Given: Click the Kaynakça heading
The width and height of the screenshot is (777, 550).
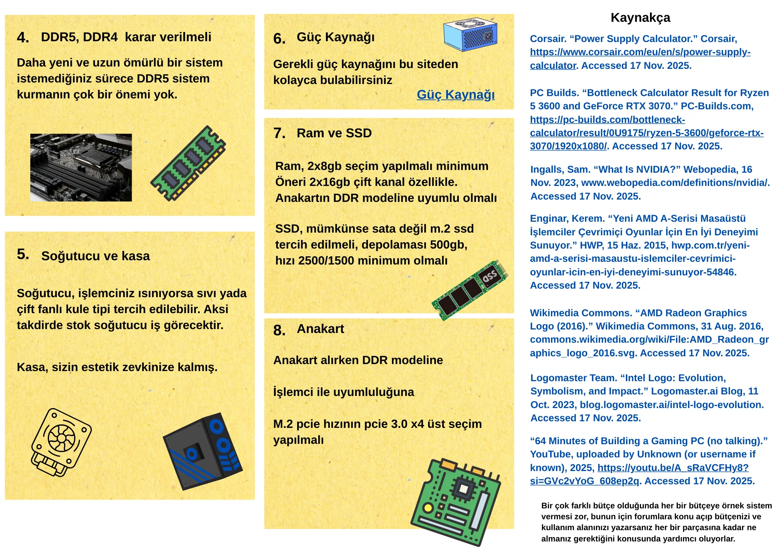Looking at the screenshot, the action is click(640, 18).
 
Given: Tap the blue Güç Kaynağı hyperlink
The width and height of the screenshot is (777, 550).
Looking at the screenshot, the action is click(456, 95).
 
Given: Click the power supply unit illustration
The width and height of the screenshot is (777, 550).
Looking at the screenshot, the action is click(470, 34).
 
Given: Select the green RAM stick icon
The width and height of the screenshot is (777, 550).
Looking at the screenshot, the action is click(188, 163).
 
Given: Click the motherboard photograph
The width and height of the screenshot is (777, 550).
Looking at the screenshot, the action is click(81, 168).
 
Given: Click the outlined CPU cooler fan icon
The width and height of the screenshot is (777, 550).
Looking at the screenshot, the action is click(61, 442).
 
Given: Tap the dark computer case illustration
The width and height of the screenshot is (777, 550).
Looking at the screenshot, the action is click(202, 451).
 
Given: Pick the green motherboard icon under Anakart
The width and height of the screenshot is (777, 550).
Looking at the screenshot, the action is click(456, 502).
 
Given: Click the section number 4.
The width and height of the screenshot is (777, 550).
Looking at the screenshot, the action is click(23, 38).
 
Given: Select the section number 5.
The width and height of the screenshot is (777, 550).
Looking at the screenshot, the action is click(23, 254).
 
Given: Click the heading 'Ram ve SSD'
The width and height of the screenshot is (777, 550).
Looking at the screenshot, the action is click(334, 133).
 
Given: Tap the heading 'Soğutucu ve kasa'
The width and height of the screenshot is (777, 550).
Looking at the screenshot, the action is click(96, 256).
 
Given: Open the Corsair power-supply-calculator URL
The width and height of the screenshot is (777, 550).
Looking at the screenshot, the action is click(640, 59).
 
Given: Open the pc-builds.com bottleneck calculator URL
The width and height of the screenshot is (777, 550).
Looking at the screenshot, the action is click(646, 133).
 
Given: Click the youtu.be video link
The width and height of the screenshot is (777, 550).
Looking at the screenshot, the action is click(639, 474).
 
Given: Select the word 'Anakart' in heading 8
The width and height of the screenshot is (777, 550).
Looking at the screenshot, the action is click(321, 329).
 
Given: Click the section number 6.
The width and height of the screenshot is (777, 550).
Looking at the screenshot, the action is click(279, 39).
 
